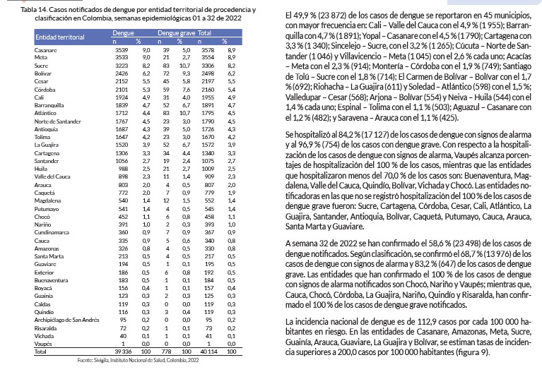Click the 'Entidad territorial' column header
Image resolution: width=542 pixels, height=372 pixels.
(57, 35)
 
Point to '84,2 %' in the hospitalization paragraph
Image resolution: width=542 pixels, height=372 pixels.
(338, 151)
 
